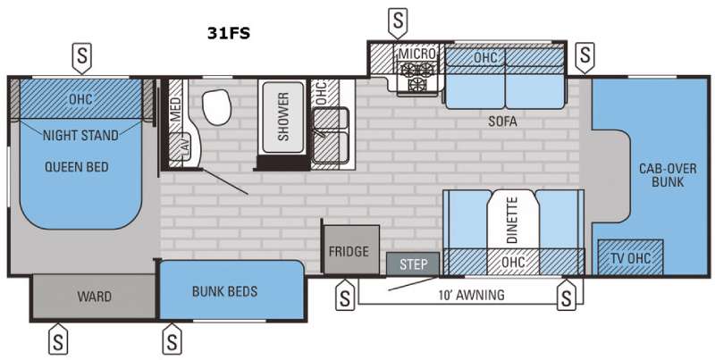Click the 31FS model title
(x=229, y=33)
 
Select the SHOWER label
(x=283, y=117)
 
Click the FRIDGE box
(x=351, y=250)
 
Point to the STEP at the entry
(x=413, y=264)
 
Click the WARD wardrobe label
(x=94, y=297)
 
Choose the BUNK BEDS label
(x=225, y=291)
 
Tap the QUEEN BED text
(x=77, y=167)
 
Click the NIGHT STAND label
(x=80, y=136)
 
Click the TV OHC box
(x=630, y=257)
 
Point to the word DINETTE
(x=512, y=220)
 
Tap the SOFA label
(x=502, y=121)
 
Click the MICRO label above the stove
(x=416, y=54)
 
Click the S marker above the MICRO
(x=398, y=21)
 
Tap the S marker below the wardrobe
(x=58, y=339)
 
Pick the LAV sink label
(x=186, y=150)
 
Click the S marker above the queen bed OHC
(x=82, y=57)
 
